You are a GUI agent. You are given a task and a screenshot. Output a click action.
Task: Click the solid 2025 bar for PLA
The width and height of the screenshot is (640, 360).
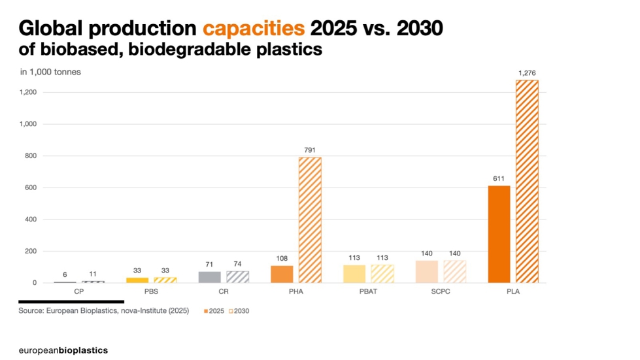click(499, 234)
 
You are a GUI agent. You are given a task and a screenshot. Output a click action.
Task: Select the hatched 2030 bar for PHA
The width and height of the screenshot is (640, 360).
click(310, 220)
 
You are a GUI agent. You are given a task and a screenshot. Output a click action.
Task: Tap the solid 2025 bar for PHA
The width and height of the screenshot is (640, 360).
click(282, 274)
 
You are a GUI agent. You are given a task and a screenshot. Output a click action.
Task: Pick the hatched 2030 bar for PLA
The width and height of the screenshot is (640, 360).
click(527, 182)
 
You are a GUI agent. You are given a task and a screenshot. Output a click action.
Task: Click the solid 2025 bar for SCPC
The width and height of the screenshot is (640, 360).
click(427, 272)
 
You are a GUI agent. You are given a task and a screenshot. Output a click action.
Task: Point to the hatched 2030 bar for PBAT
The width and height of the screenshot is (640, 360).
click(382, 274)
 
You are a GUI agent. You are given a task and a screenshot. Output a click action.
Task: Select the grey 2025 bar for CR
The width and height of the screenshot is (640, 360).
click(210, 277)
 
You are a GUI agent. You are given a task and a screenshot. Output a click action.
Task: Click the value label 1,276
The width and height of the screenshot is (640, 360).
click(527, 73)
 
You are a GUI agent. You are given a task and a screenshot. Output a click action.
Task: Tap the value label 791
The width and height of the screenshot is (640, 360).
click(310, 150)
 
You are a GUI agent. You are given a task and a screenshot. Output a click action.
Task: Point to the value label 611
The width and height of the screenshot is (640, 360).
click(499, 178)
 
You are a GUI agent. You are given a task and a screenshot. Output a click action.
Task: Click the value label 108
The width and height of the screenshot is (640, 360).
click(282, 258)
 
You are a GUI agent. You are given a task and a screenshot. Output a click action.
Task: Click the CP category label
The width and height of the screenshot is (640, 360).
click(79, 291)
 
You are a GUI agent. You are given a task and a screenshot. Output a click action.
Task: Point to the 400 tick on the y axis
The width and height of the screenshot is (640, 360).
click(30, 220)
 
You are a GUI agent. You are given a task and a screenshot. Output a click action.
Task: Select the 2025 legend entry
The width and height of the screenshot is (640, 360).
click(214, 311)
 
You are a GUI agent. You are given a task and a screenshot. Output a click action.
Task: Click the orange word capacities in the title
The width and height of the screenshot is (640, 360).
click(254, 29)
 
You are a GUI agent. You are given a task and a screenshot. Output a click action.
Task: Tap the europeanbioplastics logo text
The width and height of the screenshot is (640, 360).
click(63, 350)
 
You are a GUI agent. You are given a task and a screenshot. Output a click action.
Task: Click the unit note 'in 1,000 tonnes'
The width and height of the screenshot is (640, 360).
click(50, 72)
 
